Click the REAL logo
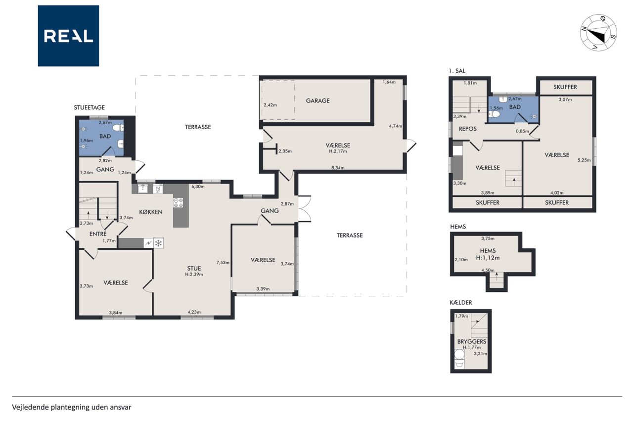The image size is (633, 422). click(68, 36)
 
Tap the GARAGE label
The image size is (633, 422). click(317, 100)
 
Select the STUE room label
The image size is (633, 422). click(194, 268)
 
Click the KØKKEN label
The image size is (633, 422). click(151, 212)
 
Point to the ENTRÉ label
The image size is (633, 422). click(98, 234)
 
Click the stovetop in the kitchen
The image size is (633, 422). click(179, 202)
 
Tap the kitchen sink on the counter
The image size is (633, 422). click(143, 188)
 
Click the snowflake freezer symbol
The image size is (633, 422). click(159, 243)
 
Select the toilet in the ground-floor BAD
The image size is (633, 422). click(118, 128)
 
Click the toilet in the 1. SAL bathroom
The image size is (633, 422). click(494, 114)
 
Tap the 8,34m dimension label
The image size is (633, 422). click(338, 168)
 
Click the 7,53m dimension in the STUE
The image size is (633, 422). click(223, 262)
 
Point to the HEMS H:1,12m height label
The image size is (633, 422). click(488, 258)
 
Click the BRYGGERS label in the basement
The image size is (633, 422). click(472, 341)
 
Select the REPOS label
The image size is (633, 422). click(468, 129)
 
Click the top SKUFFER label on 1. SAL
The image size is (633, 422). click(565, 87)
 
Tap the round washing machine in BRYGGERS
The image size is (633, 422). click(459, 354)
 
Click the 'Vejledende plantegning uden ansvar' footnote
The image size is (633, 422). click(72, 407)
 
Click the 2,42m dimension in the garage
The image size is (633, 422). click(270, 105)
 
